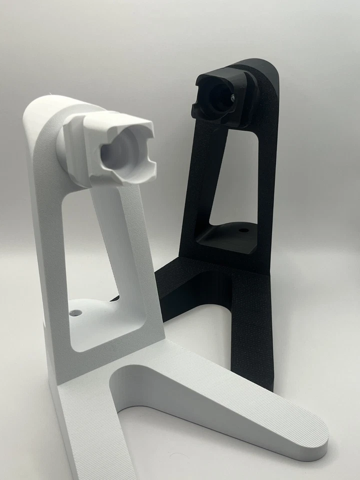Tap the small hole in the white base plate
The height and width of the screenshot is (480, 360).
point(76,312)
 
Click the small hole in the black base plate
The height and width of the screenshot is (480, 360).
point(243,231)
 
